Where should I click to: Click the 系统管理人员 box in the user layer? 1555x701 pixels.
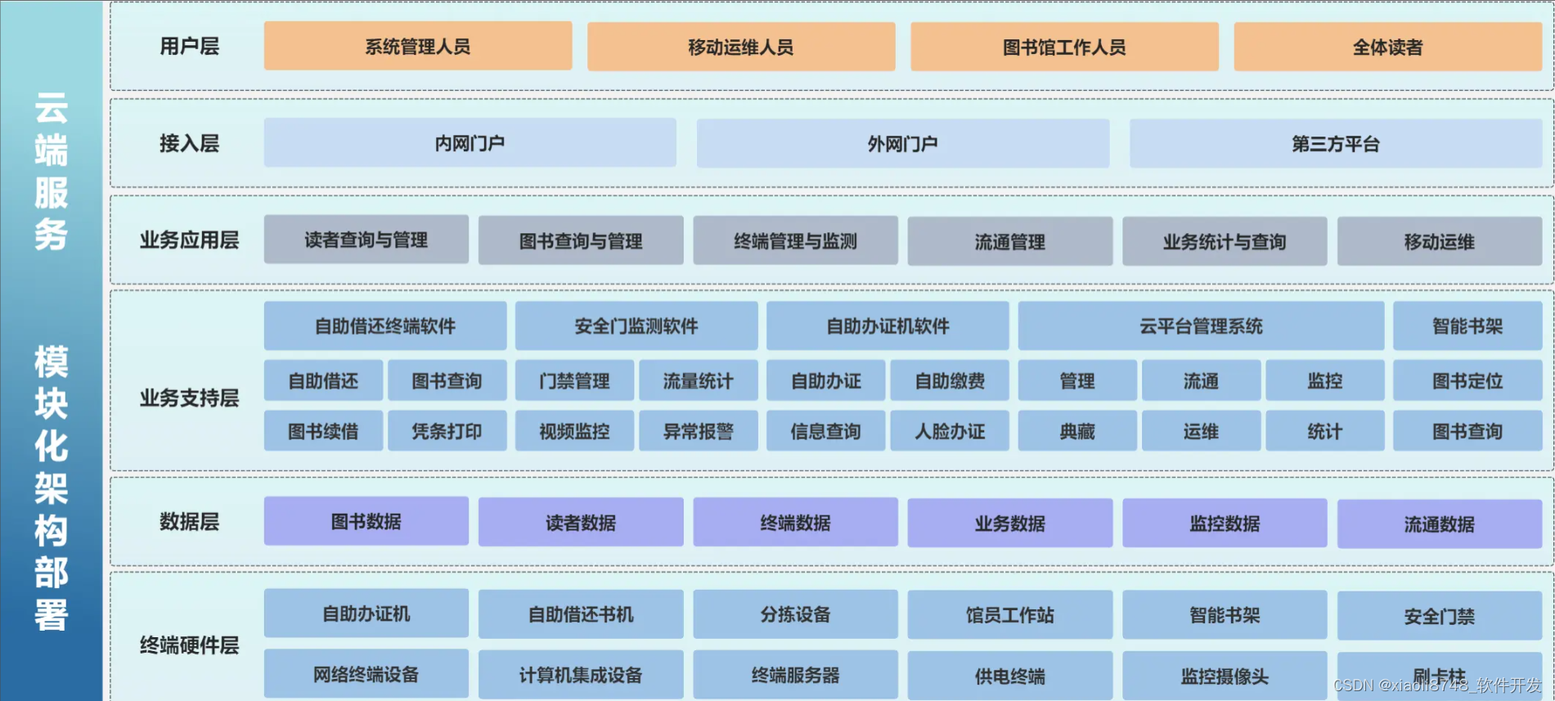click(417, 47)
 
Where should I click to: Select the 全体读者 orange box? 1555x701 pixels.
click(1387, 47)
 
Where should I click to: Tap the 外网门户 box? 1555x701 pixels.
click(902, 144)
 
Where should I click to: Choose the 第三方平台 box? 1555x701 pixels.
click(1335, 144)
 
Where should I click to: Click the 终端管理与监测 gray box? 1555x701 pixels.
click(795, 241)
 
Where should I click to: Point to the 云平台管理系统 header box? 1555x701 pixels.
click(1200, 326)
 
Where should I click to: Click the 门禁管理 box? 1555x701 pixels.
click(574, 381)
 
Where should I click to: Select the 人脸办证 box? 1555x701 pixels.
click(949, 432)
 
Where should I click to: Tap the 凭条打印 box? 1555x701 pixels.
click(447, 432)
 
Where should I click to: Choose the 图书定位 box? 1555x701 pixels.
click(1467, 381)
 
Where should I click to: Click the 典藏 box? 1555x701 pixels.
click(1076, 432)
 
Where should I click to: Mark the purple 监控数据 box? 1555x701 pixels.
click(1224, 524)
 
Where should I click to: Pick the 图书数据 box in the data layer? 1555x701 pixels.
click(366, 522)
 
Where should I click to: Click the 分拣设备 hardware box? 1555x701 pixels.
click(795, 614)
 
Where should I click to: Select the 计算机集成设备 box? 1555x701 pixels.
click(580, 675)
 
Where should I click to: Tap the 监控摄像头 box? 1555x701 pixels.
click(1224, 676)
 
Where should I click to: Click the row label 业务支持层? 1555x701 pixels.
click(189, 398)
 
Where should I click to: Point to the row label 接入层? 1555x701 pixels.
click(189, 144)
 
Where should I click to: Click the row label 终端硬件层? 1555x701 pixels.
click(189, 645)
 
